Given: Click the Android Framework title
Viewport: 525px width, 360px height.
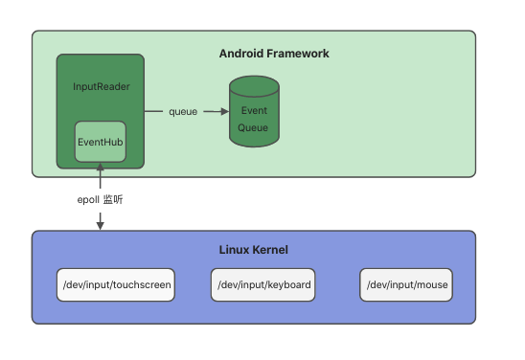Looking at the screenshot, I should click(x=274, y=54).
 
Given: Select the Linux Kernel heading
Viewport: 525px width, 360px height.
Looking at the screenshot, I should click(x=254, y=250).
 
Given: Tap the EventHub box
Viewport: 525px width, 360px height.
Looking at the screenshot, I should click(x=100, y=142).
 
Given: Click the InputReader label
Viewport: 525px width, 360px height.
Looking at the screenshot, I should click(x=102, y=86).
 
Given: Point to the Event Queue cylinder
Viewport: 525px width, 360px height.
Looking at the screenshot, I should click(x=253, y=115).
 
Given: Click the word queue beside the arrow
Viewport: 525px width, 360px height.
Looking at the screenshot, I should click(x=183, y=112).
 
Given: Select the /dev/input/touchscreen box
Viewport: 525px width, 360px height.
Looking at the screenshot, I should click(x=116, y=285).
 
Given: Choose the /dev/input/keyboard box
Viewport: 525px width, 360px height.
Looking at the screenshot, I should click(x=263, y=285).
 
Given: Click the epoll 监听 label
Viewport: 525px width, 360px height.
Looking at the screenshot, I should click(x=100, y=200).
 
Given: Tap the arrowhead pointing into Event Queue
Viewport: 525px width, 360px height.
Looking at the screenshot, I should click(x=223, y=112).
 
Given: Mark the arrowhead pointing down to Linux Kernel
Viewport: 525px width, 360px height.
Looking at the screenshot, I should click(x=100, y=226).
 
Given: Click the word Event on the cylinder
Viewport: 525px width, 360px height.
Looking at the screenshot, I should click(x=254, y=111).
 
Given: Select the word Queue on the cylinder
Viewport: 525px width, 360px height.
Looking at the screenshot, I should click(x=254, y=127).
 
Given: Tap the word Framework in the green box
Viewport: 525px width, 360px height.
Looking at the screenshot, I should click(x=297, y=54).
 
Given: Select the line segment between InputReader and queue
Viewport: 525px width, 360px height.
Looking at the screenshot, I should click(x=155, y=112).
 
